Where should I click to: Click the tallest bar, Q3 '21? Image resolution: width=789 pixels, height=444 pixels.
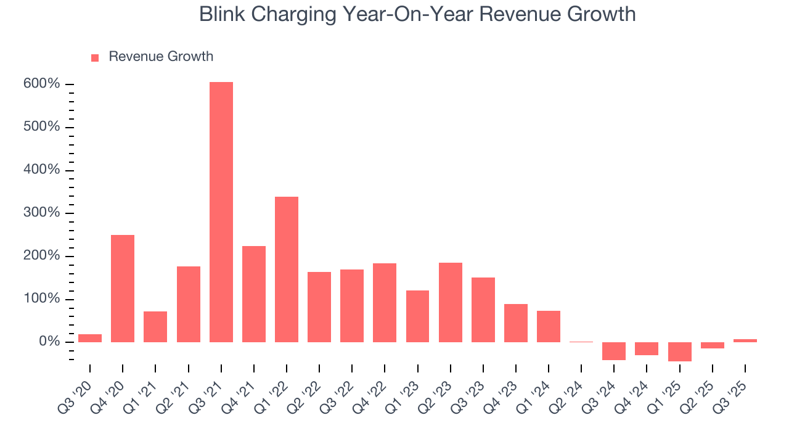[x=221, y=212]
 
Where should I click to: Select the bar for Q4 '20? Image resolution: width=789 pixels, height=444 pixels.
[x=123, y=289]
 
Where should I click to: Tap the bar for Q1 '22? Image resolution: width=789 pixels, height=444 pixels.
[x=287, y=269]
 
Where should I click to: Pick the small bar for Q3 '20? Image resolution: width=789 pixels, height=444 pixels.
[x=90, y=338]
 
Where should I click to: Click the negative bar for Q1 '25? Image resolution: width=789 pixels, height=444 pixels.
[x=680, y=351]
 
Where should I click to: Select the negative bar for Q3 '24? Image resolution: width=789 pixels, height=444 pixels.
[x=614, y=351]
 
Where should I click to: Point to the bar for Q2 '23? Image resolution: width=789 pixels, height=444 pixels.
[x=451, y=302]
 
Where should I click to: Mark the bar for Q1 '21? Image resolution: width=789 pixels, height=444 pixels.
[x=155, y=327]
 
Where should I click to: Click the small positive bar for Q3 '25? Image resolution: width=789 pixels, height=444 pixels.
[x=745, y=340]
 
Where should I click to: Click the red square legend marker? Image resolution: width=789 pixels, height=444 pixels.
[x=95, y=58]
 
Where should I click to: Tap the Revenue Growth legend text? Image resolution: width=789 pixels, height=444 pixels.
[x=161, y=57]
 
